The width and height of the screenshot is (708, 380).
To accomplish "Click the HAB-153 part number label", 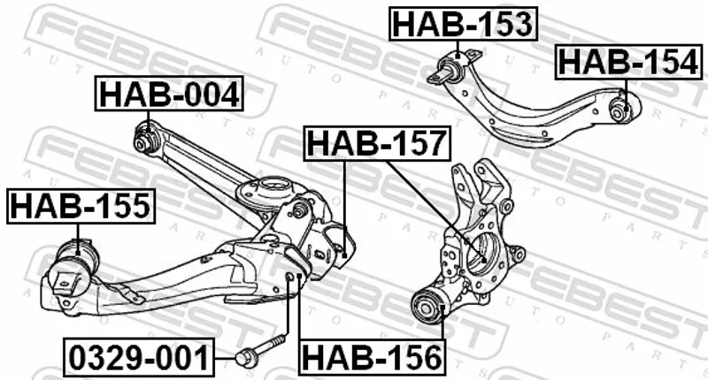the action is pos(463,25).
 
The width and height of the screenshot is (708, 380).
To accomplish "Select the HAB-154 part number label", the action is pos(628,62).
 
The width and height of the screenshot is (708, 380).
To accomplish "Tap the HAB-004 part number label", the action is pos(169,94).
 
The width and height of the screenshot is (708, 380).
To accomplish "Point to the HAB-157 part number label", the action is pos(378,143).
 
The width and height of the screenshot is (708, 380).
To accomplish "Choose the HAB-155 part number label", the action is pos(81,206).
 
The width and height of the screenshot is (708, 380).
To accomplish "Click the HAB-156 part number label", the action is pos(372,357).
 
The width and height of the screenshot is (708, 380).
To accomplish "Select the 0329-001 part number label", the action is pos(139,358).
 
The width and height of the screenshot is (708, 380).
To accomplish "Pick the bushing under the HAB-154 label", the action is pos(620,108).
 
